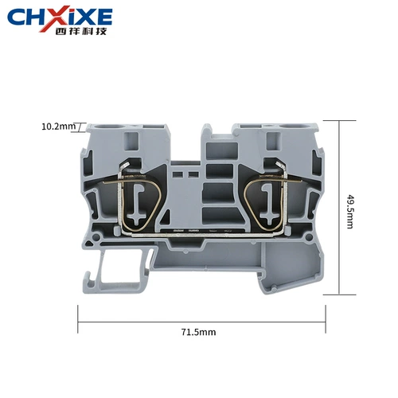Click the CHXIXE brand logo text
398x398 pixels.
pos(60,17)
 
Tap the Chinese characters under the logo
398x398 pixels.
pos(81,31)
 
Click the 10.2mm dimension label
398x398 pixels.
pos(58,127)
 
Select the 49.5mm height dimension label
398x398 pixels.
pos(350,211)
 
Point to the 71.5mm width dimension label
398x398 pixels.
pos(199,332)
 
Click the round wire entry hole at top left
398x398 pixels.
pos(110,127)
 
